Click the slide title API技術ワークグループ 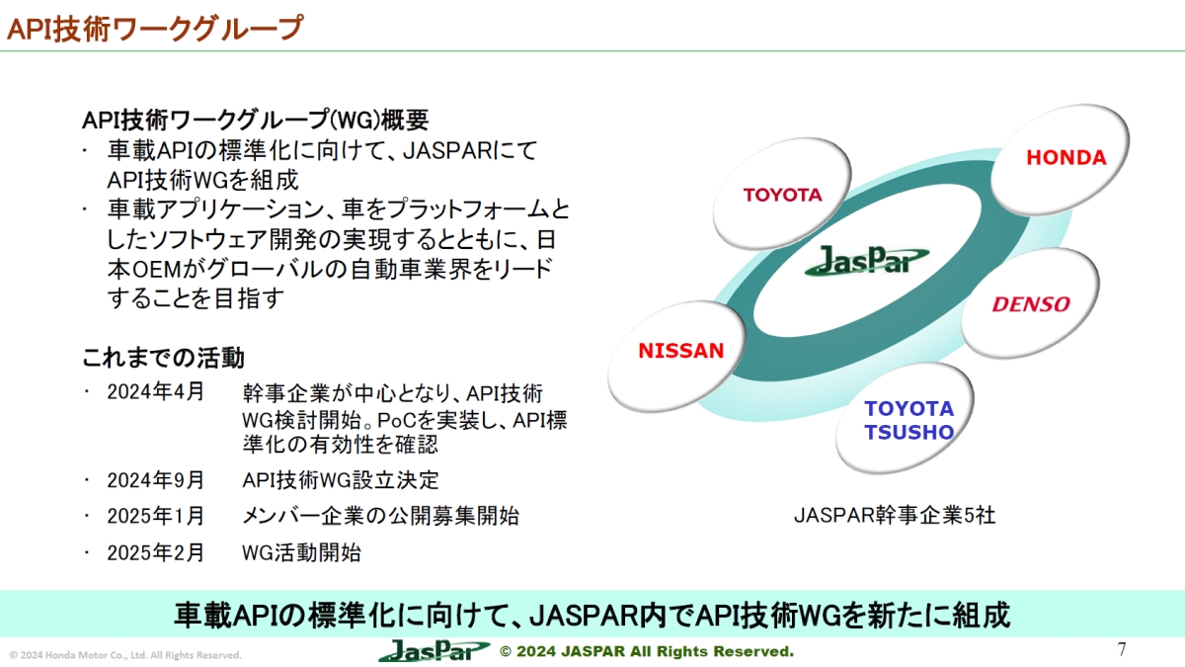[x=154, y=27]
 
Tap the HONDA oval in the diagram [x=1066, y=158]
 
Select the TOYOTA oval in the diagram [x=782, y=195]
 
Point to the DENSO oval [x=1030, y=304]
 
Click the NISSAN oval [x=681, y=351]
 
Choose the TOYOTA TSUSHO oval [x=908, y=420]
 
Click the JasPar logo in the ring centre [x=866, y=261]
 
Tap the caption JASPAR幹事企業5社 [x=895, y=515]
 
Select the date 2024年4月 [x=156, y=391]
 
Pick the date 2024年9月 [x=156, y=480]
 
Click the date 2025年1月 [x=156, y=516]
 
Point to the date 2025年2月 [x=156, y=552]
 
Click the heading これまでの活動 [x=163, y=356]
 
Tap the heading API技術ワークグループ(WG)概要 [x=255, y=121]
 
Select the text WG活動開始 [x=301, y=552]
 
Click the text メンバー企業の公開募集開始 [x=380, y=516]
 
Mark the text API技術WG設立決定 [x=341, y=480]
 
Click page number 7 [x=1122, y=649]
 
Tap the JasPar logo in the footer [x=434, y=651]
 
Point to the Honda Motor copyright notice [x=125, y=655]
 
